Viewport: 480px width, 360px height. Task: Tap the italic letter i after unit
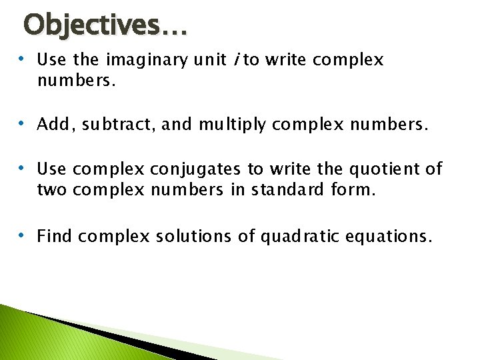click(236, 60)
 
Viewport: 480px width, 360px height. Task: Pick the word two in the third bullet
click(51, 191)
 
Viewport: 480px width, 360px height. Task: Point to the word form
click(353, 191)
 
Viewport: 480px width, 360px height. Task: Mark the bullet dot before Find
click(22, 235)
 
